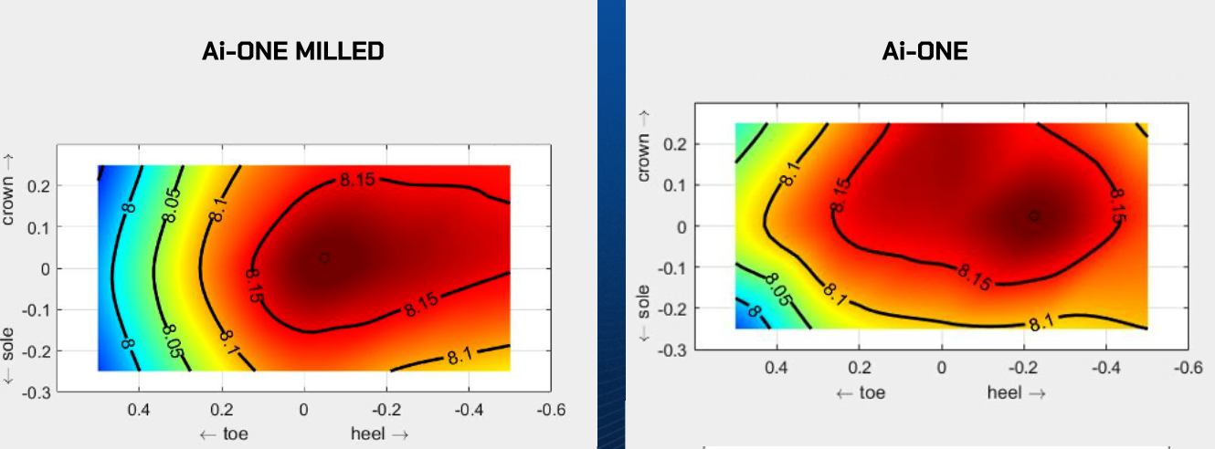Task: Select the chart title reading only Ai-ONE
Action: click(x=924, y=51)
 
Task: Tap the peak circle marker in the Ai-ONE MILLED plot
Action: click(x=324, y=258)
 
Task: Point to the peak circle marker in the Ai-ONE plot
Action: click(x=1033, y=216)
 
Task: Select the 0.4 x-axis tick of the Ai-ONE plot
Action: click(x=777, y=371)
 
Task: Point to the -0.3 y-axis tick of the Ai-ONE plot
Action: click(x=674, y=350)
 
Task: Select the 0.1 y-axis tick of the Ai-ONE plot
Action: click(x=677, y=184)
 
